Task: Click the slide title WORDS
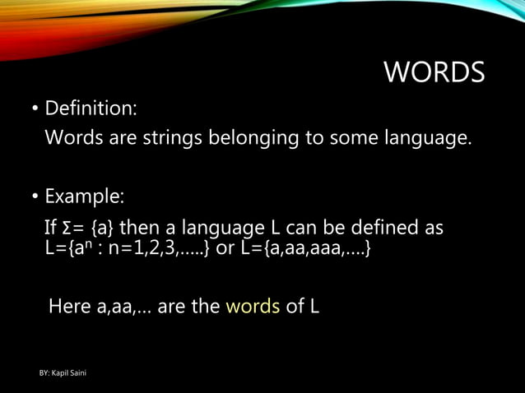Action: (434, 73)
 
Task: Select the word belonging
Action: (257, 137)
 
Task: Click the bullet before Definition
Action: (35, 109)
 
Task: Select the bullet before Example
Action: (35, 198)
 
